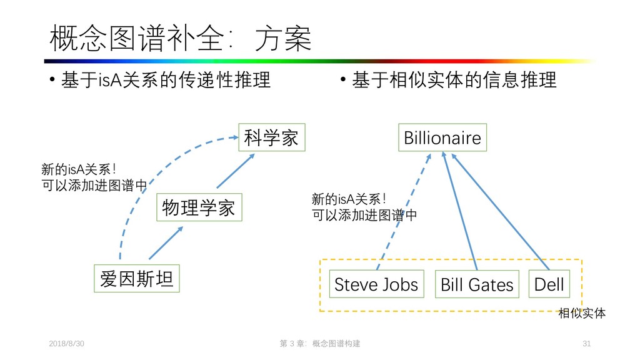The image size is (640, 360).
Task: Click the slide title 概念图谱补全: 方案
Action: click(x=180, y=38)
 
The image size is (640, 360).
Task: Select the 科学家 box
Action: click(x=271, y=137)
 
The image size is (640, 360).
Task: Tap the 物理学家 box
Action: click(x=198, y=208)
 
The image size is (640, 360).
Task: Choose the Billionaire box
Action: click(x=442, y=137)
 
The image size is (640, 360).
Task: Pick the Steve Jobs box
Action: click(x=376, y=284)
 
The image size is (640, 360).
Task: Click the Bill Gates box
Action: click(x=477, y=285)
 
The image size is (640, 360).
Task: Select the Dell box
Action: click(x=549, y=284)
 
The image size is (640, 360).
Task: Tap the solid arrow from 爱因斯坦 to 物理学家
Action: click(x=166, y=242)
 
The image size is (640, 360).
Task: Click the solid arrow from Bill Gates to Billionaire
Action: click(x=460, y=209)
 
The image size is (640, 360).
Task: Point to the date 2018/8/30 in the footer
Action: click(x=67, y=344)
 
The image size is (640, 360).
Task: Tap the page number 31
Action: click(x=586, y=344)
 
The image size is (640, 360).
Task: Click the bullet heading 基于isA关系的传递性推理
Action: click(x=166, y=81)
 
